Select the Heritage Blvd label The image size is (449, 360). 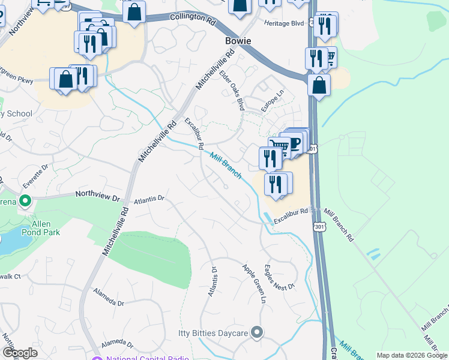[x=285, y=22]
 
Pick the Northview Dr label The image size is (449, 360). [x=98, y=194]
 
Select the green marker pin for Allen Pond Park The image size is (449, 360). [x=25, y=200]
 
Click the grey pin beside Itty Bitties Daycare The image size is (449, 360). [x=258, y=332]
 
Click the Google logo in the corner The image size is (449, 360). [x=20, y=353]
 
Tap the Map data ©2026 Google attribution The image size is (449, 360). [x=412, y=355]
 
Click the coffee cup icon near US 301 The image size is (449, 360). [x=295, y=143]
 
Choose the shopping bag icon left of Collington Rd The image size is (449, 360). [x=134, y=11]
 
